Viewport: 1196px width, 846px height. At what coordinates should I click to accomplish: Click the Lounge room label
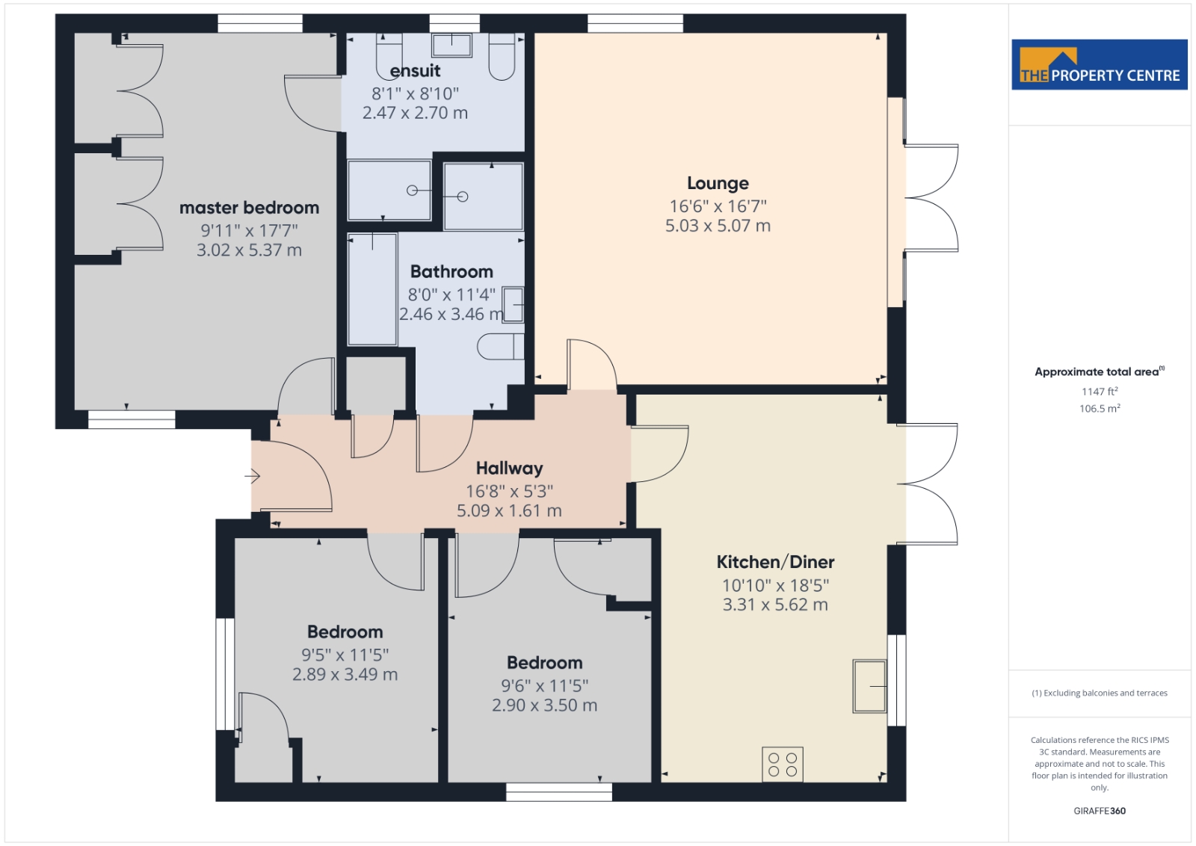[x=718, y=183]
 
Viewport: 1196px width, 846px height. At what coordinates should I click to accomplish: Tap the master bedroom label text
[x=250, y=208]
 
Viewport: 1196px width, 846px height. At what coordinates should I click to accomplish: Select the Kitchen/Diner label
[x=775, y=562]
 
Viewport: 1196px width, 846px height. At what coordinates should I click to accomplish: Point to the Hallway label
[x=509, y=468]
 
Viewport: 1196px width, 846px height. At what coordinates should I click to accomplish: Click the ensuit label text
[x=415, y=71]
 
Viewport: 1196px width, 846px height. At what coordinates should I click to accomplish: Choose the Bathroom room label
[x=451, y=272]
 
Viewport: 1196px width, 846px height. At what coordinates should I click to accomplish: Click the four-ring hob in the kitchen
[x=782, y=765]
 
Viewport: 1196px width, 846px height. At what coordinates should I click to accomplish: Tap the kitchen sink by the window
[x=870, y=686]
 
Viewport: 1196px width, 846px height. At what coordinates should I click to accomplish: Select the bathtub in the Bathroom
[x=372, y=289]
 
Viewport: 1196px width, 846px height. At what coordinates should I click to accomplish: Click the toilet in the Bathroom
[x=501, y=347]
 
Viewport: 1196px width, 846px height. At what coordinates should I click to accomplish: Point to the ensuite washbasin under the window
[x=451, y=45]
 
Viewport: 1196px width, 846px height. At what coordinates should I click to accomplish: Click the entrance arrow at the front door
[x=253, y=475]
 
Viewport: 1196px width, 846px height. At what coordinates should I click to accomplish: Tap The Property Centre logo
[x=1100, y=64]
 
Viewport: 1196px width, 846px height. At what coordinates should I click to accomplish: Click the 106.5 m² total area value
[x=1100, y=408]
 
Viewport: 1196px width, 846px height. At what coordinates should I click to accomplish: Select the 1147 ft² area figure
[x=1100, y=392]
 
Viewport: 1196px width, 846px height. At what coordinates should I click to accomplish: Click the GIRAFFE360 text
[x=1100, y=811]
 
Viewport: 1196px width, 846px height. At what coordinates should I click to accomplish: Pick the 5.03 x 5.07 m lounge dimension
[x=718, y=226]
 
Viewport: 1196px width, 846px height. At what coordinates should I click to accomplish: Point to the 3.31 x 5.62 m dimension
[x=775, y=605]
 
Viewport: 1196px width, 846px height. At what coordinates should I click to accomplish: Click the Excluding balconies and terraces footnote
[x=1100, y=693]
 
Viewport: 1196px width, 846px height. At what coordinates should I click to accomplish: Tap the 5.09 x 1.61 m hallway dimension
[x=509, y=510]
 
